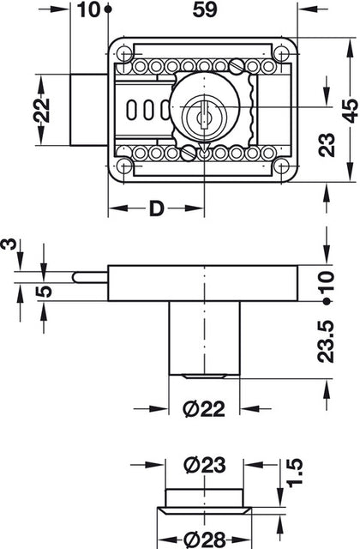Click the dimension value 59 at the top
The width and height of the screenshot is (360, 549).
point(205,9)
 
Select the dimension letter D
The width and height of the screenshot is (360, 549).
point(156,208)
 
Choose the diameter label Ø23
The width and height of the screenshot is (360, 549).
point(203,467)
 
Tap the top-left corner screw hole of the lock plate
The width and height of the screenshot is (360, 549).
point(127,50)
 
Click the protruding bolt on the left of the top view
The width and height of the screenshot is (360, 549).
point(88,109)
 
